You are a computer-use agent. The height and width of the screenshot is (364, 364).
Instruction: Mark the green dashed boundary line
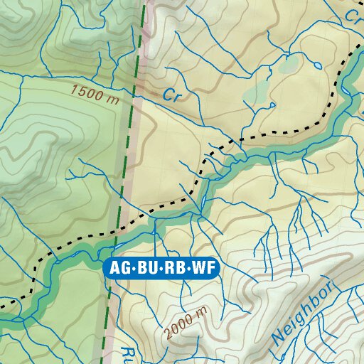point(130,142)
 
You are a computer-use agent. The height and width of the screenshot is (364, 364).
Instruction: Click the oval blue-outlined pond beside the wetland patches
point(268,107)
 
